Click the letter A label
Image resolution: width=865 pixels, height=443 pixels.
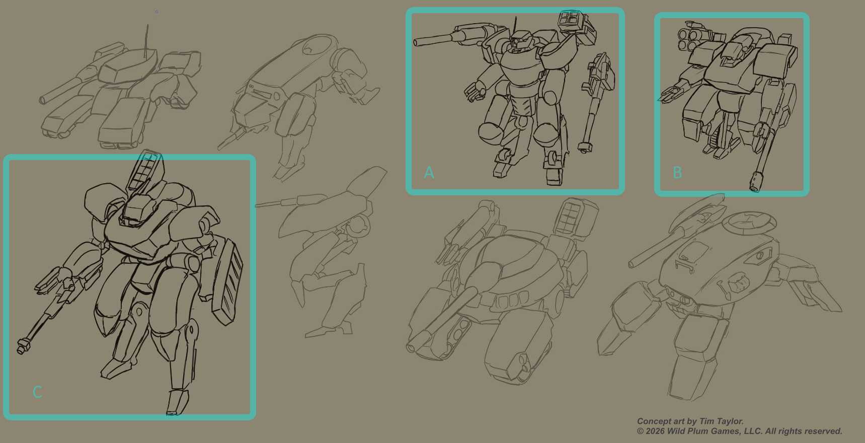click(x=429, y=173)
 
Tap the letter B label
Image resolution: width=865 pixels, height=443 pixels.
click(x=677, y=173)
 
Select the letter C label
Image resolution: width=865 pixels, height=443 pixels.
click(x=37, y=392)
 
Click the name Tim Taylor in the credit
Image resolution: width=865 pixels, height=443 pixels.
click(x=721, y=421)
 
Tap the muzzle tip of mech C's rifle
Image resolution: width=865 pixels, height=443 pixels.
click(x=21, y=347)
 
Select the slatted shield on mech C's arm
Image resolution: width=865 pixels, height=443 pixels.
click(x=227, y=281)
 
